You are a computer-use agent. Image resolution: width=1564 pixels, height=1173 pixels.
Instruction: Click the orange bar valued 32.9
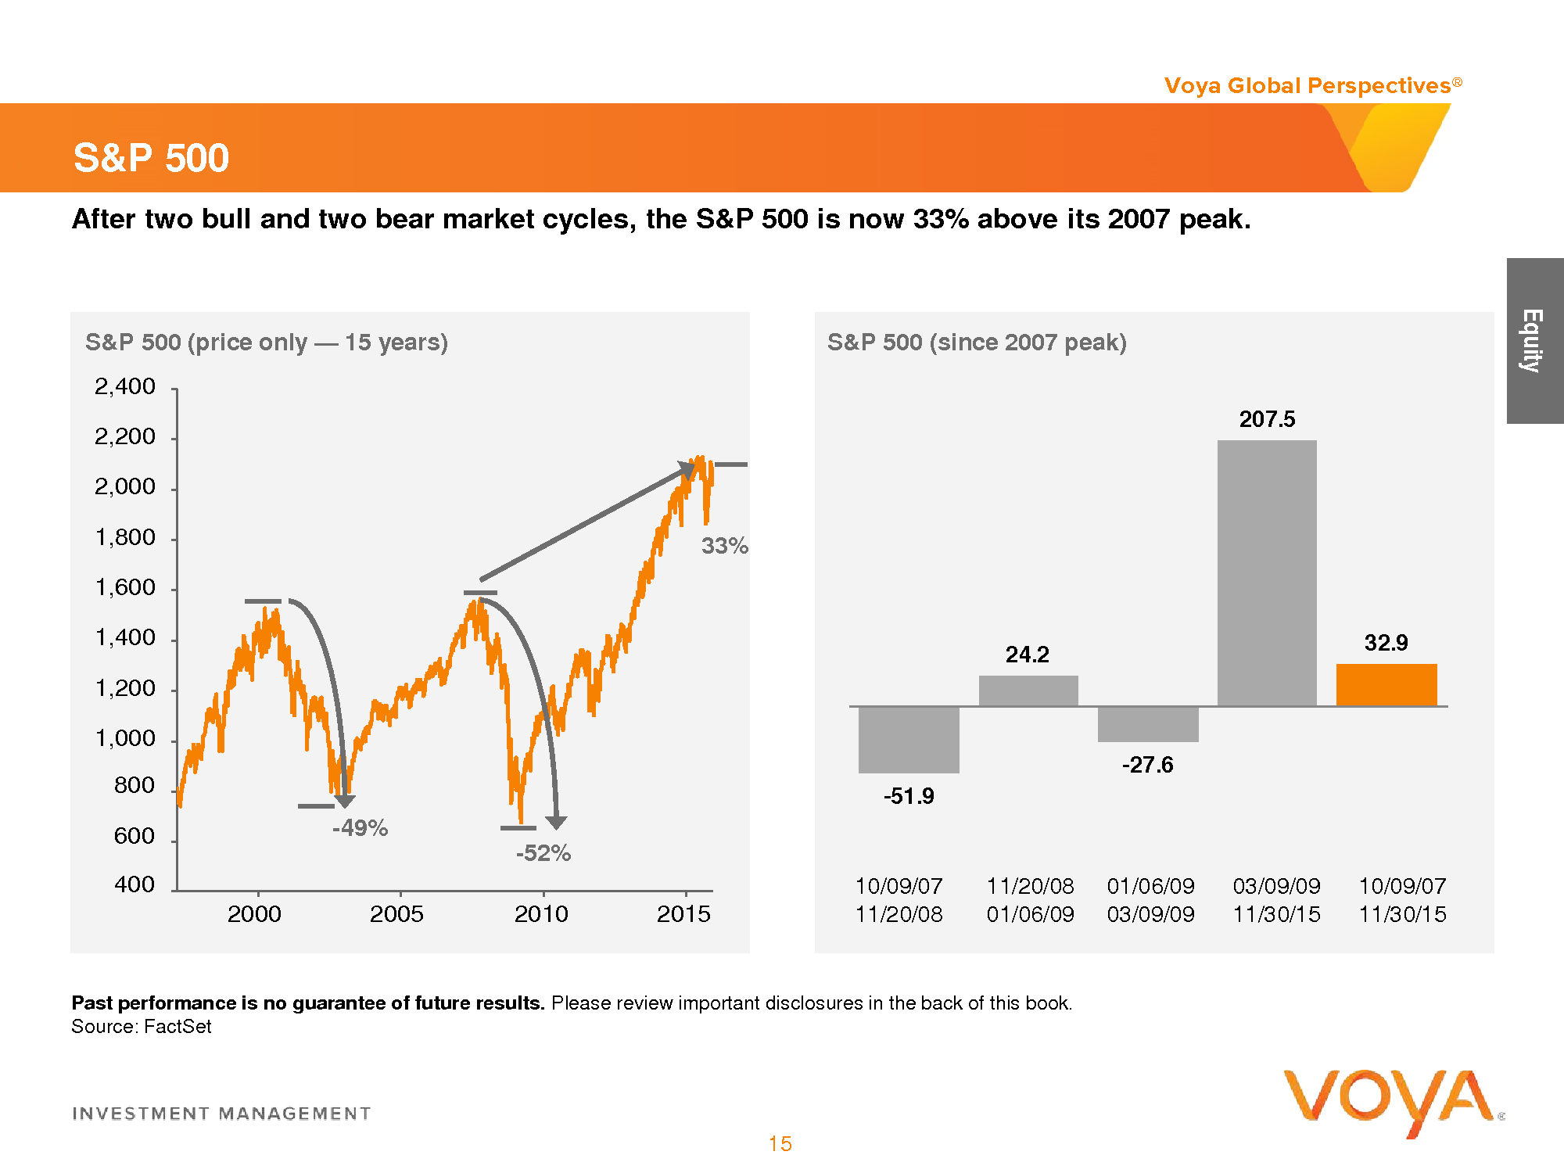pos(1386,685)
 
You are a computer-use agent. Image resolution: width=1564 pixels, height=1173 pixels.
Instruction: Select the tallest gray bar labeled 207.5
pos(1267,572)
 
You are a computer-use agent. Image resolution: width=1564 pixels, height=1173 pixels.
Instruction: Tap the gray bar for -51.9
pos(909,740)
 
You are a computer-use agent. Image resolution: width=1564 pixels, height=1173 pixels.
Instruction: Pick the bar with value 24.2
pos(1028,691)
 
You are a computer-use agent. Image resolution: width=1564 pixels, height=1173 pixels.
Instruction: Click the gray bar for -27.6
pos(1148,724)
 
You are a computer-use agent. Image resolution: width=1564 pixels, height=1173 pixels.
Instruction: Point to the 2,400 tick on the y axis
pos(125,386)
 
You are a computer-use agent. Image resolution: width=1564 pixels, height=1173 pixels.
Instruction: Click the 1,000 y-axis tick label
pos(125,738)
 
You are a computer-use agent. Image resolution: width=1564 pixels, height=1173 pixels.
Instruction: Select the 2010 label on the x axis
pos(541,913)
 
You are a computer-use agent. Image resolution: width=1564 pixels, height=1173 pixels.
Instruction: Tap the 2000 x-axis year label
pos(254,913)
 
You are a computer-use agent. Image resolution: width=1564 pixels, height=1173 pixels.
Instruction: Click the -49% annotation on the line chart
pos(360,827)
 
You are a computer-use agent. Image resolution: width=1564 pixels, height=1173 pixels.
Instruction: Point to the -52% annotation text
pos(543,852)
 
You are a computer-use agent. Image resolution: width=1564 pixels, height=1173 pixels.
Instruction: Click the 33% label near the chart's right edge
pos(724,546)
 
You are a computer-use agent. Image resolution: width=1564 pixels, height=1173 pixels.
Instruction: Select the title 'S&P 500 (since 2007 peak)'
pos(977,342)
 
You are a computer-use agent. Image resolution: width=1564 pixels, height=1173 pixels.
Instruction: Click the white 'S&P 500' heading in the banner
pos(151,158)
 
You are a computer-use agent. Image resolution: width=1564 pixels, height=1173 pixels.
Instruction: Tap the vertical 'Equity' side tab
pos(1534,341)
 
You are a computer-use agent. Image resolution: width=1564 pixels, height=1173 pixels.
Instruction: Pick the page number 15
pos(780,1143)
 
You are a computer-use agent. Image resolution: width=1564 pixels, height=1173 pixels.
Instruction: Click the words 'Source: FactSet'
pos(142,1026)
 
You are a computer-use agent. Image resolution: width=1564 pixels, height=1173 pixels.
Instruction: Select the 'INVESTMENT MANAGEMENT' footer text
pos(221,1113)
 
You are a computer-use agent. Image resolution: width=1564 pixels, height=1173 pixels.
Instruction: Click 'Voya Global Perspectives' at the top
pos(1308,85)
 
